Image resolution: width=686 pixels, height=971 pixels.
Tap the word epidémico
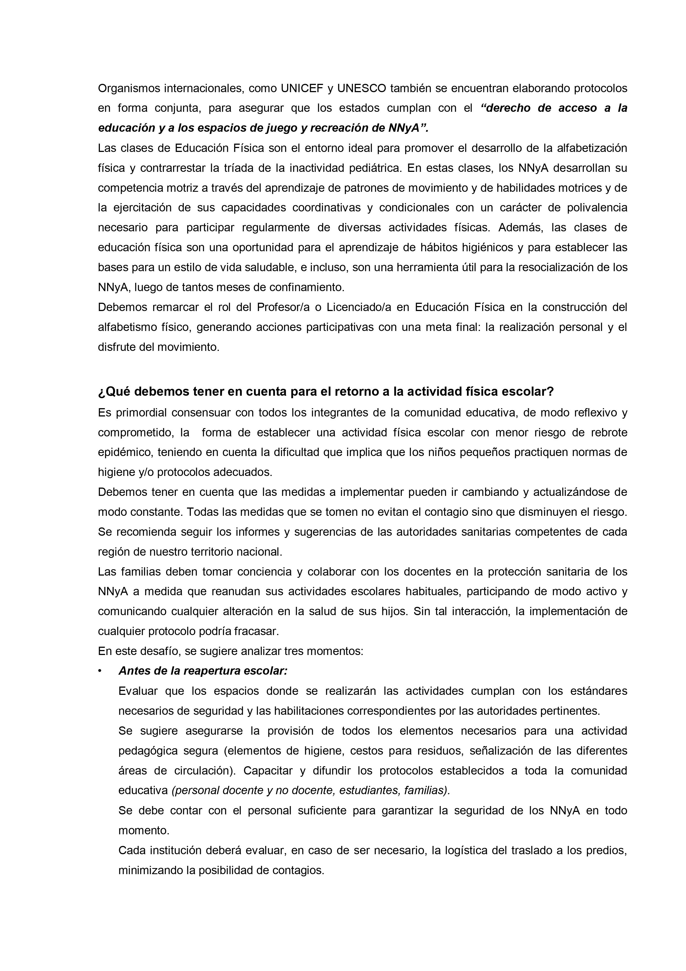[x=125, y=452]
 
